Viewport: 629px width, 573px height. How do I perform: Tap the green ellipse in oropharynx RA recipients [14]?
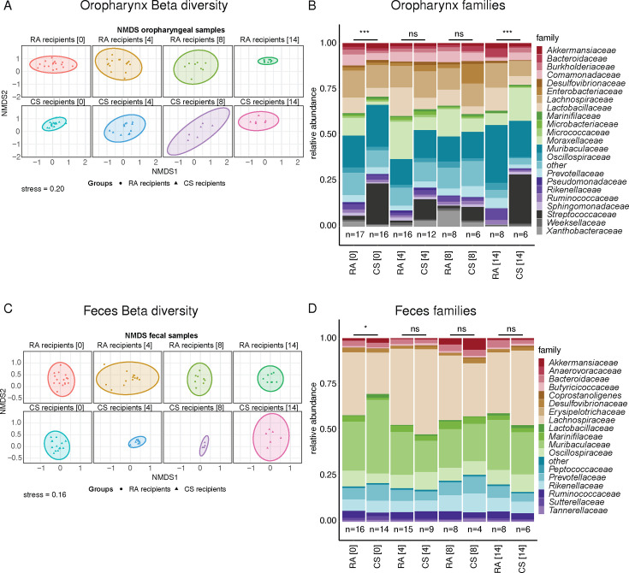coord(270,62)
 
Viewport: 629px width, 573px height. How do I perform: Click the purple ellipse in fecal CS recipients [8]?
coord(204,445)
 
